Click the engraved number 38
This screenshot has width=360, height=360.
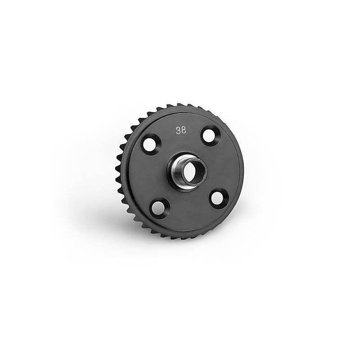181,130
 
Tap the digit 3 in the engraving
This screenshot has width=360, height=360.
178,130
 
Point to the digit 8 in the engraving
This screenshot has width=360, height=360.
184,130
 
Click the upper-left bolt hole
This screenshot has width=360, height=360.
150,144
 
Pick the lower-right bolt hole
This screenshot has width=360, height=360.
217,198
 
